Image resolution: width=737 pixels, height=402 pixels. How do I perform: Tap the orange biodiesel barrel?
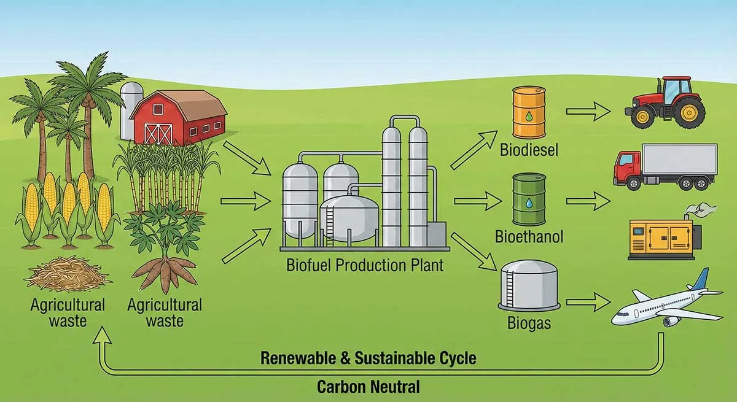(x=528, y=113)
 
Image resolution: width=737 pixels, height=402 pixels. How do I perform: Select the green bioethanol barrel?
(x=528, y=199)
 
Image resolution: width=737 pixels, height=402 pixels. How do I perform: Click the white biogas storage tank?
(x=529, y=285)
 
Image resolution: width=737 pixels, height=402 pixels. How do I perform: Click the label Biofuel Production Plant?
(x=364, y=266)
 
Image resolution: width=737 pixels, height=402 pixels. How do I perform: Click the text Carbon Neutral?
(x=368, y=387)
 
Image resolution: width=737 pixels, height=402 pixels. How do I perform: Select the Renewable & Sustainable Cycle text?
(x=368, y=358)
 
